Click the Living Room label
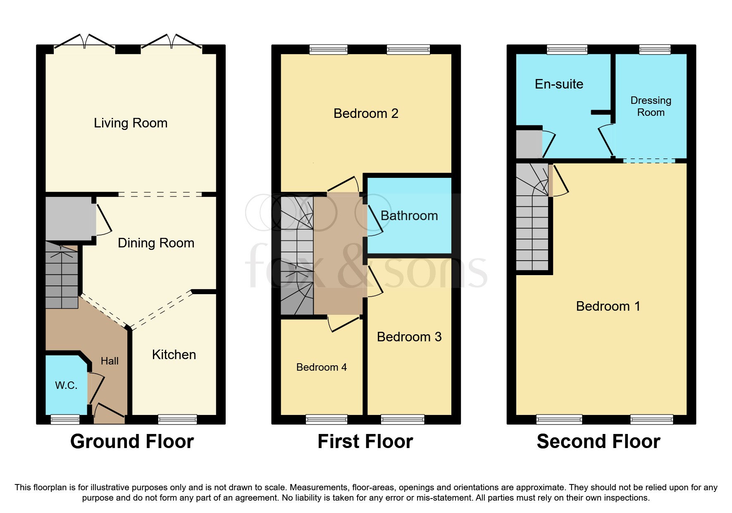point(131,123)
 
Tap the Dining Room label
point(156,243)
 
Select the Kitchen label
point(174,355)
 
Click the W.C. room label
point(66,385)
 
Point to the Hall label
point(110,361)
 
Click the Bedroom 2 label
point(366,113)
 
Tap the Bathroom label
point(409,216)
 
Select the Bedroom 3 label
point(409,337)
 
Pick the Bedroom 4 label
point(322,367)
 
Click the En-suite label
point(559,84)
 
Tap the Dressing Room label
point(651,106)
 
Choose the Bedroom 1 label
point(608,306)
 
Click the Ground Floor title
point(132,441)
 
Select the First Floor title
point(365,441)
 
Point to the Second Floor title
point(598,441)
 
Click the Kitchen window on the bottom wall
point(178,420)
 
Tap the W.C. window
point(65,420)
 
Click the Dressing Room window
point(655,49)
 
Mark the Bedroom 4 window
point(327,420)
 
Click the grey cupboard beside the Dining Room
point(69,218)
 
